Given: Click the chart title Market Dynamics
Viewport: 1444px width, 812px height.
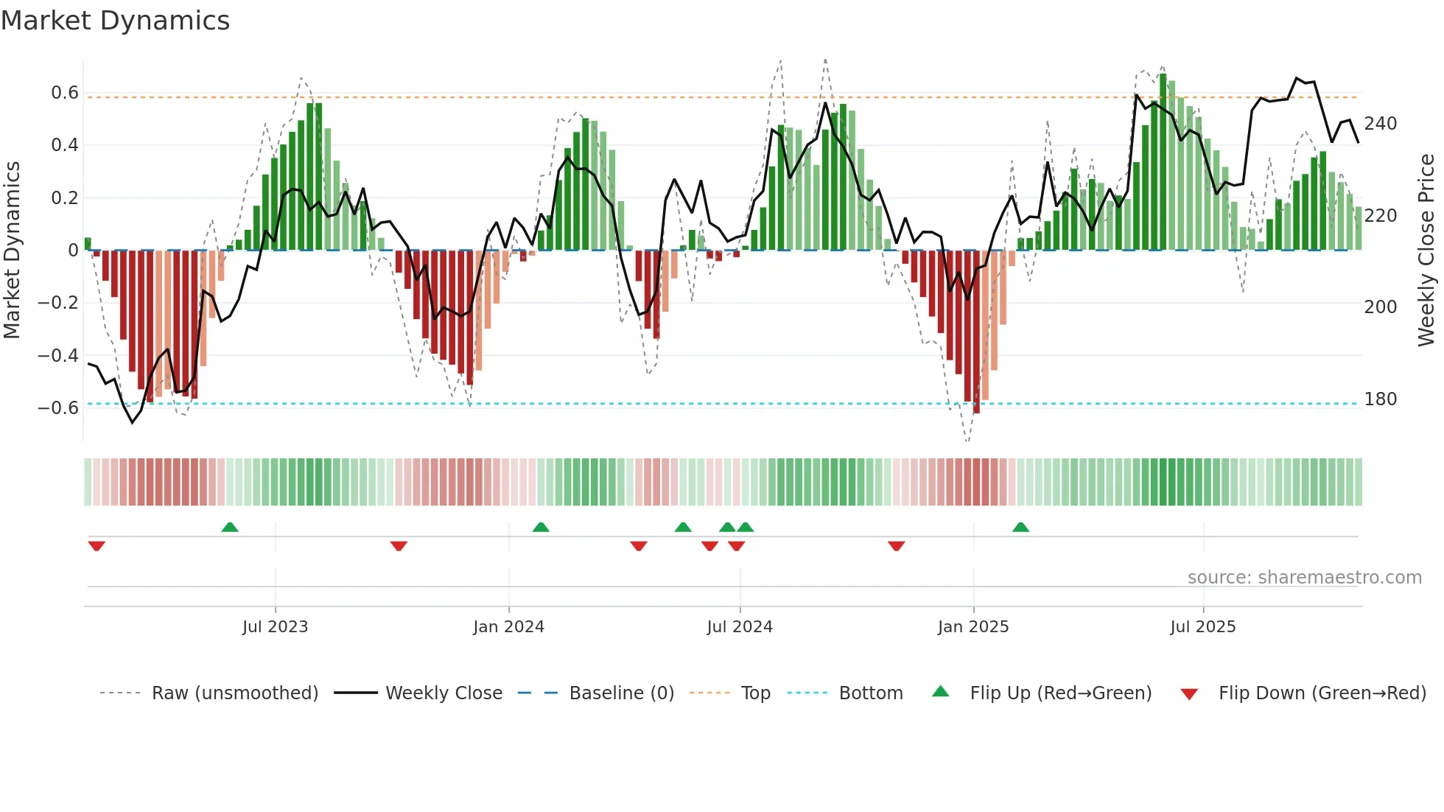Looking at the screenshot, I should click(x=115, y=21).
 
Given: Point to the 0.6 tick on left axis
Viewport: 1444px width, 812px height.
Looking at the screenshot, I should click(x=64, y=93).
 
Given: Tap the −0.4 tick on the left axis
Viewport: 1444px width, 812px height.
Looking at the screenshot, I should click(x=58, y=356).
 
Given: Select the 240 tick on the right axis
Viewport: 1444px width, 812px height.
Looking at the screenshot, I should click(x=1380, y=124).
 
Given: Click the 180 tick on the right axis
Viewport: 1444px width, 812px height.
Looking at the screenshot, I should click(x=1380, y=399).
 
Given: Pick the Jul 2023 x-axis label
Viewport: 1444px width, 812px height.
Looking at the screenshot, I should click(x=275, y=627).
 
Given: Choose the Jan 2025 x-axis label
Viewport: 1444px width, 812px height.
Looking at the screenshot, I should click(x=972, y=627).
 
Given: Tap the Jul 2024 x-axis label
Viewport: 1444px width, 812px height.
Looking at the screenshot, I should click(x=739, y=627).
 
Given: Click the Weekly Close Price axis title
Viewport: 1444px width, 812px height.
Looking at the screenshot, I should click(x=1426, y=251).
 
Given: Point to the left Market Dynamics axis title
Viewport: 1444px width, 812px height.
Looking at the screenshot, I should click(x=12, y=251).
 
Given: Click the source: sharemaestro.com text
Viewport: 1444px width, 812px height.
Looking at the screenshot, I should click(x=1304, y=578).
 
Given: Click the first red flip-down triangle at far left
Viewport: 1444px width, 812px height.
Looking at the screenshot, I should click(x=97, y=546).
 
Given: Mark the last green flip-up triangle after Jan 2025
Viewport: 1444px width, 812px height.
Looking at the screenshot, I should click(x=1020, y=527).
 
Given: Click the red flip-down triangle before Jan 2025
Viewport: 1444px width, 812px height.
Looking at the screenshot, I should click(x=896, y=546).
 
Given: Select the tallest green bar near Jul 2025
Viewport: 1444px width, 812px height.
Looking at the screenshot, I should click(x=1163, y=162).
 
